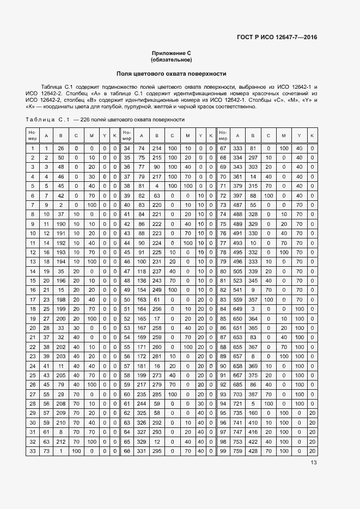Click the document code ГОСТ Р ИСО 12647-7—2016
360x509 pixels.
(277, 37)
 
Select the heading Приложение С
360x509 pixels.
(172, 53)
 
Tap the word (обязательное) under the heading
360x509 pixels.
(172, 60)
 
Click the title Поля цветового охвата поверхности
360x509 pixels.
(172, 73)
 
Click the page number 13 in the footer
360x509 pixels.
(314, 463)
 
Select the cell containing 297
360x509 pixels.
(253, 157)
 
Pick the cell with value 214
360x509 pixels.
(156, 148)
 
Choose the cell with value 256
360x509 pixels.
(156, 309)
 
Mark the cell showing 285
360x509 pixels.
(156, 394)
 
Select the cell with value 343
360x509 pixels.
(237, 166)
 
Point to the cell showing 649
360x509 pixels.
(237, 309)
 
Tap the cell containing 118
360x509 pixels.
(141, 271)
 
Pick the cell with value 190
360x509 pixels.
(60, 224)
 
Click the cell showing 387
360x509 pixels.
(253, 394)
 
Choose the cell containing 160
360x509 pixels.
(253, 413)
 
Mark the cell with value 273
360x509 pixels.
(156, 376)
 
